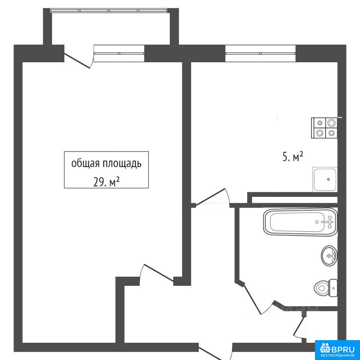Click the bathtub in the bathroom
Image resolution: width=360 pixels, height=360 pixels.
pos(300,222)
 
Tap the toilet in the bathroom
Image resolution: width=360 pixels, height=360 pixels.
pos(325,288)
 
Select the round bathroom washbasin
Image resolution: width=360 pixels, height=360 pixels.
pos(329,256)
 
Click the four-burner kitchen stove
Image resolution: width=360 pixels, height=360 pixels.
pos(324,128)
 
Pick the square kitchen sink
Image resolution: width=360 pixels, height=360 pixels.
pos(325,180)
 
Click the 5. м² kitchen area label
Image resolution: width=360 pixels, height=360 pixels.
pos(293,157)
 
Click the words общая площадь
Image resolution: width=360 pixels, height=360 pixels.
pos(106,164)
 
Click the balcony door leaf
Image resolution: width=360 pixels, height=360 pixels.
pos(77,61)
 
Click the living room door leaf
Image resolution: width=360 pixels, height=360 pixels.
pos(159,273)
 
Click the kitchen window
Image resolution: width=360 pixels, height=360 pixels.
pos(261,53)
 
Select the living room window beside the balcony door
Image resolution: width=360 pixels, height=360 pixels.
pos(119,53)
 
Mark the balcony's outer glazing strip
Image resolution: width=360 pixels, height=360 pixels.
pos(108,10)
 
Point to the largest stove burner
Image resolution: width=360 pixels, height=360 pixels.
pos(331,123)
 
